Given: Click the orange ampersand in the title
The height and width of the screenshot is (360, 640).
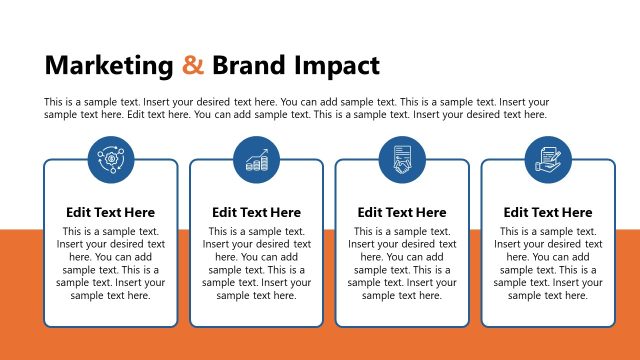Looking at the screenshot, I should [x=193, y=66].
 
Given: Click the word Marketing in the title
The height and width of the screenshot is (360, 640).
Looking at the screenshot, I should [x=109, y=66].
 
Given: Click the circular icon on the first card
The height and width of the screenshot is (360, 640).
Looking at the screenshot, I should [x=110, y=159].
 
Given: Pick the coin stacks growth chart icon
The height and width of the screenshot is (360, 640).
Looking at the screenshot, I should [x=256, y=159].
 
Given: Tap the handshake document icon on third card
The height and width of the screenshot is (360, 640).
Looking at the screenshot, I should [x=402, y=159].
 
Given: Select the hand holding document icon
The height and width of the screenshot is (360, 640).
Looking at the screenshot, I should [x=548, y=159].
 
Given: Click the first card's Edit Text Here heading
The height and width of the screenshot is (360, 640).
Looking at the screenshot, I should [x=110, y=212].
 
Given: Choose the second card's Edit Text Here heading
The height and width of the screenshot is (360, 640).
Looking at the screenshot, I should [x=256, y=212].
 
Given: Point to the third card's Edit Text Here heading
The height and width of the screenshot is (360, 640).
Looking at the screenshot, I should [x=402, y=212].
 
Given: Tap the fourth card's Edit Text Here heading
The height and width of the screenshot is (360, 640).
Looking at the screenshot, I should [x=548, y=212].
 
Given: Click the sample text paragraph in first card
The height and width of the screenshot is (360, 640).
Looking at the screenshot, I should [x=110, y=263].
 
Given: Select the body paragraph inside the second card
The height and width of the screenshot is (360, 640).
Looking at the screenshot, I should [x=256, y=263].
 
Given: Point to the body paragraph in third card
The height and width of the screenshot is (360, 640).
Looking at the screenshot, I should [x=402, y=263].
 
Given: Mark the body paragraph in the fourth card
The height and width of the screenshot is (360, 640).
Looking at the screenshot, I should [x=548, y=263].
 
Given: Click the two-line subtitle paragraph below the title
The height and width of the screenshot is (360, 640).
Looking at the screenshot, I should [x=297, y=108].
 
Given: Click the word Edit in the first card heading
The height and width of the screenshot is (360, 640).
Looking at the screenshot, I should [x=79, y=212].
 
